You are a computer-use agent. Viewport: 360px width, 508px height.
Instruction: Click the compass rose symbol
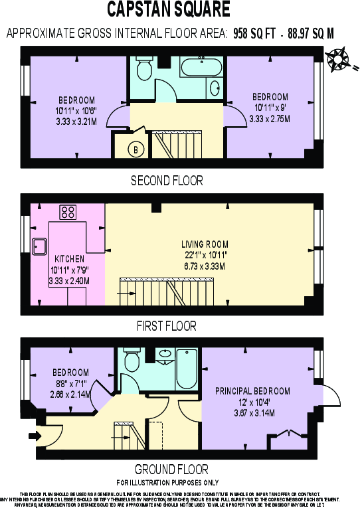pyautogui.click(x=339, y=58)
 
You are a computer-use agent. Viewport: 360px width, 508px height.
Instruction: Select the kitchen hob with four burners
pyautogui.click(x=68, y=212)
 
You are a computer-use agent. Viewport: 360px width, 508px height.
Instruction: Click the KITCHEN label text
pyautogui.click(x=69, y=259)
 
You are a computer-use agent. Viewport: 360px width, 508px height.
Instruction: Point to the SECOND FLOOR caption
pyautogui.click(x=167, y=181)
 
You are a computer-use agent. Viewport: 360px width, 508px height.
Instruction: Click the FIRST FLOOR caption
pyautogui.click(x=166, y=326)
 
